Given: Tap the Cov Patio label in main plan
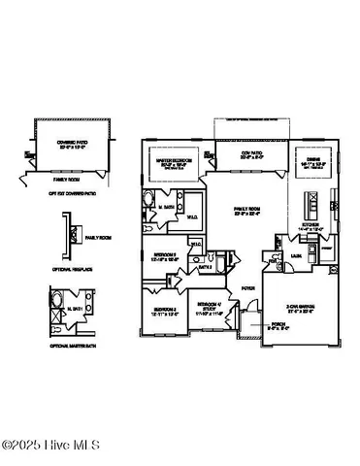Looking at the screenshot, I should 230,152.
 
